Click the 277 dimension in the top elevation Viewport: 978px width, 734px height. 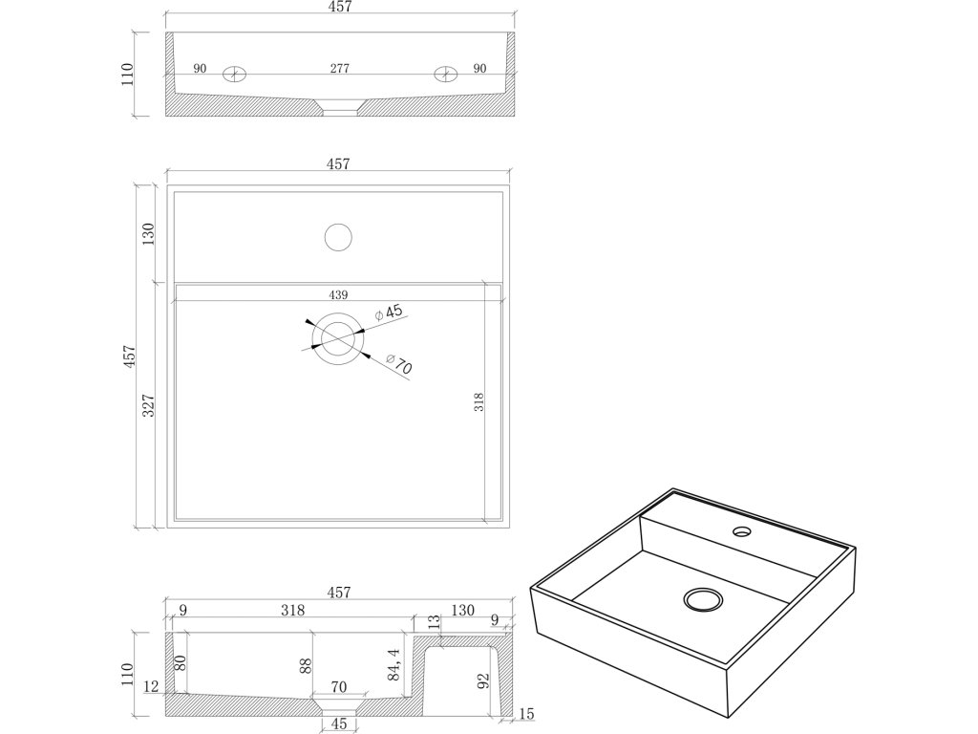click(339, 68)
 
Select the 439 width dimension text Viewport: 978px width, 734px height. click(339, 294)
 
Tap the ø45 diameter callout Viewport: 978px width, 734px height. click(390, 313)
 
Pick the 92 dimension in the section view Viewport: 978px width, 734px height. click(483, 681)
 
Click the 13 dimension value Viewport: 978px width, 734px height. click(435, 623)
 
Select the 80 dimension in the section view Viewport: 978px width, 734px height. click(179, 662)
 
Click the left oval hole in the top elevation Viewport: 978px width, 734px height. click(234, 75)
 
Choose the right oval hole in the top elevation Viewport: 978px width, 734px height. click(445, 75)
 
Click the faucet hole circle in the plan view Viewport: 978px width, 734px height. click(338, 236)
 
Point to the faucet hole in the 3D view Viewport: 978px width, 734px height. click(741, 530)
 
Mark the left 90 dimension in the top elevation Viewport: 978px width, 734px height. click(201, 68)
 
